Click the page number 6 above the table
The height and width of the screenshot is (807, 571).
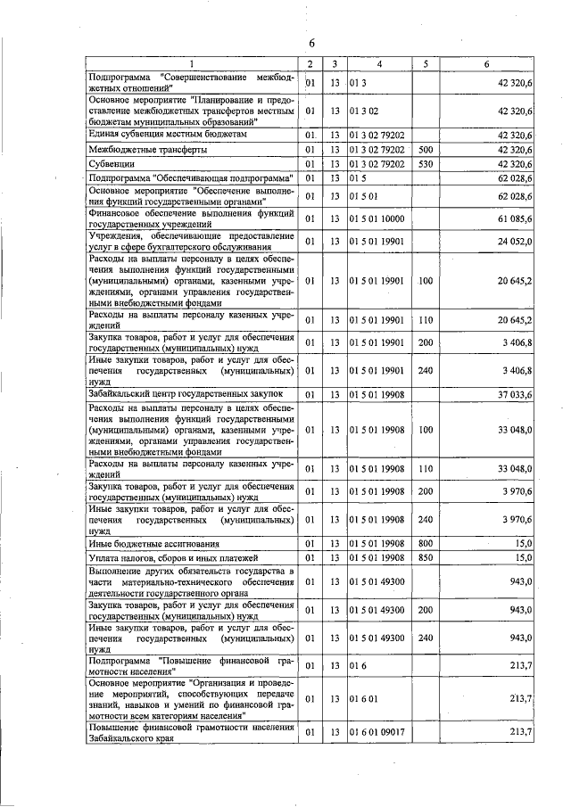tap(312, 43)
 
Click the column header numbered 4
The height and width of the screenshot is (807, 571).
tap(379, 64)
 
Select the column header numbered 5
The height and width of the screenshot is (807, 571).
tap(426, 64)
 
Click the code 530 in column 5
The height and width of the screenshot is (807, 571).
tap(426, 165)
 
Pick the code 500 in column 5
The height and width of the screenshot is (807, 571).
tap(426, 150)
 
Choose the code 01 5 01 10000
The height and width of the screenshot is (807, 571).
tap(377, 218)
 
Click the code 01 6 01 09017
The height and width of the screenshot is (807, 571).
tap(377, 732)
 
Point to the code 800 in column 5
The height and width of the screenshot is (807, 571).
tap(426, 543)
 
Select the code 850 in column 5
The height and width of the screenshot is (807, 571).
tap(426, 558)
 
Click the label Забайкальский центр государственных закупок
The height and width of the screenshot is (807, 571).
tap(186, 393)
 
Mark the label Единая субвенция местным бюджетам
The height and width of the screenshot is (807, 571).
tap(167, 135)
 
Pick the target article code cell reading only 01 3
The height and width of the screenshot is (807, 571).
tap(359, 84)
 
